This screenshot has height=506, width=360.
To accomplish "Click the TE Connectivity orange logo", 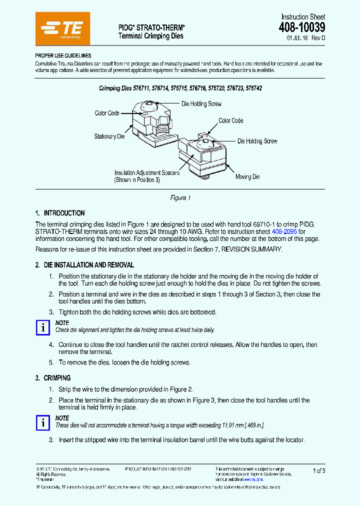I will pos(63,29).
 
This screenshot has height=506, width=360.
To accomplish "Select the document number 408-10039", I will pos(301,28).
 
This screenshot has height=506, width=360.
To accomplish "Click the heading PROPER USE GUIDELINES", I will pos(63,56).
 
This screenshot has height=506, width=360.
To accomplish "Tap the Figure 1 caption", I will pos(180,198).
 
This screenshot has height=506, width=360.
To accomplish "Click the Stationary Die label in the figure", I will pos(109,136).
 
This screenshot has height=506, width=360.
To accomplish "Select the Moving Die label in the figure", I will pos(247,177).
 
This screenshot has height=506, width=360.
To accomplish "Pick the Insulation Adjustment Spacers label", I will pos(146,173).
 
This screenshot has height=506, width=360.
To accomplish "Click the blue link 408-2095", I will pos(284,232).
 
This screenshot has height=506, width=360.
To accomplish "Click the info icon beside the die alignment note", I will pos(43,327).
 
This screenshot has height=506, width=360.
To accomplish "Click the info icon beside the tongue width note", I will pos(43,422).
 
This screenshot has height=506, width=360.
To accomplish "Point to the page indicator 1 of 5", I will pos(318,470).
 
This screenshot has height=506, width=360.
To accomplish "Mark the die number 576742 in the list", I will pos(252,88).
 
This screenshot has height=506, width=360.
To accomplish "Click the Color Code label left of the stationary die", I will pos(107,113).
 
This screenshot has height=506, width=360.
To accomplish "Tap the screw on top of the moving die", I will pos(204,144).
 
